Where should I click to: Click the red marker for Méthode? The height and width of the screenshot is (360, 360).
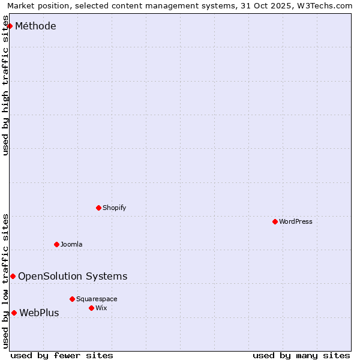coord(10,26)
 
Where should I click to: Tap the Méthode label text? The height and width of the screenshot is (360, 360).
coord(35,26)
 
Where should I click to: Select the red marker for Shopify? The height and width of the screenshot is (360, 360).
coord(99,208)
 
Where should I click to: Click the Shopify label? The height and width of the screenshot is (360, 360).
coord(114,208)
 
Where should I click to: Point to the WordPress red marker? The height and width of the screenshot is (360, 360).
coord(275,221)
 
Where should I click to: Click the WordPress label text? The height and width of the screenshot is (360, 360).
coord(295,221)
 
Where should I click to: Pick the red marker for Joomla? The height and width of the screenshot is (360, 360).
coord(56,244)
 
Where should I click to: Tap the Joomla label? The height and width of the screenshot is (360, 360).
coord(71,244)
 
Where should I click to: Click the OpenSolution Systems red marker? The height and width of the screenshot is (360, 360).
coord(13,276)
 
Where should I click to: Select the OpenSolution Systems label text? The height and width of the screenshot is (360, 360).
coord(73,276)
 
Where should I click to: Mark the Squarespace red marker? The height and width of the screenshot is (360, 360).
coord(72,299)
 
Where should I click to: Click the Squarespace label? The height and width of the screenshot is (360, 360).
coord(97,299)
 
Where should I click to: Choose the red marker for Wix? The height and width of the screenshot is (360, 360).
coord(91,308)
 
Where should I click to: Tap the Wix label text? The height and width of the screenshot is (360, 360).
coord(101,308)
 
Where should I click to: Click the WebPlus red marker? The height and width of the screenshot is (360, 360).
coord(14,313)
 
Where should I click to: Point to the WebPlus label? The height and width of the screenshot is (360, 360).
coord(39,313)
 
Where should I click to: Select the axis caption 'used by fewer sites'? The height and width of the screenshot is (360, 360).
coord(62,355)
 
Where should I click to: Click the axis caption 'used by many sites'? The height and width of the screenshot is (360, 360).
coord(301,355)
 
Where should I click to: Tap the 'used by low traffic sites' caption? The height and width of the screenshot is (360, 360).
coord(6,281)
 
